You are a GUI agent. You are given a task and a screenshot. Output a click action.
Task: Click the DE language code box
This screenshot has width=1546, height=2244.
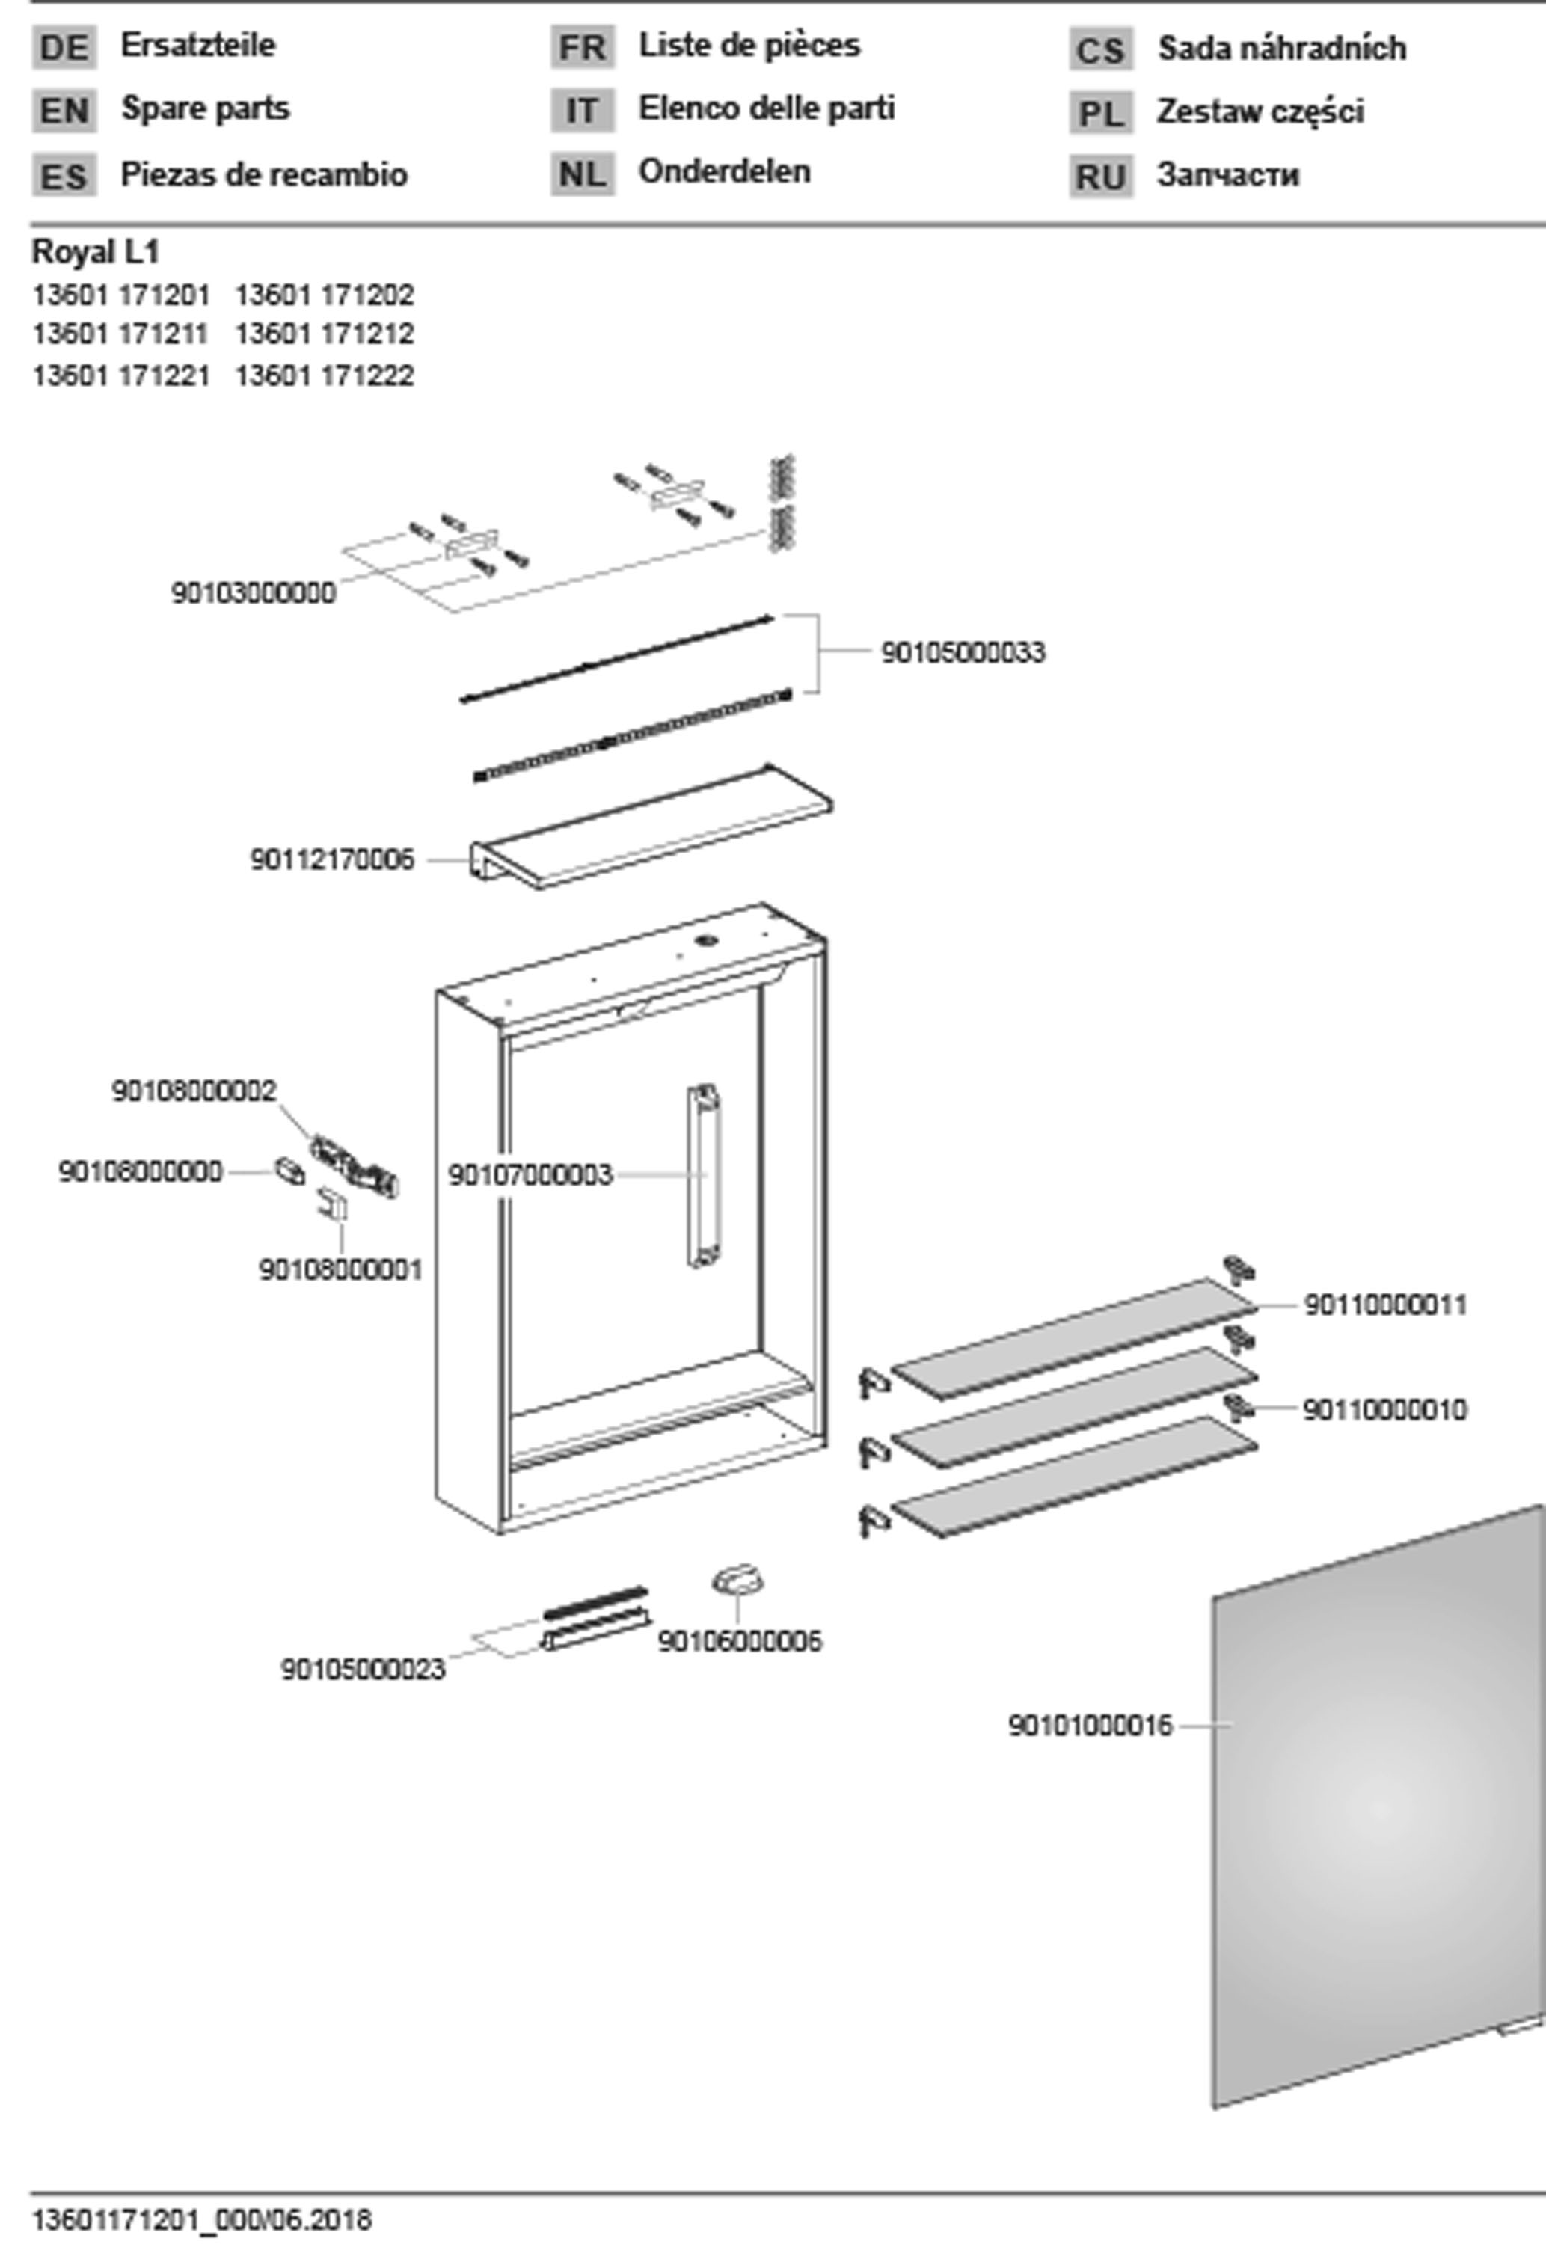(64, 47)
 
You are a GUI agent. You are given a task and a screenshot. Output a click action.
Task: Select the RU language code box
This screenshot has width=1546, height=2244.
(1100, 177)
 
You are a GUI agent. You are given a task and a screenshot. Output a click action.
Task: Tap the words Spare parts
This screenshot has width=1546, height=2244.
(204, 108)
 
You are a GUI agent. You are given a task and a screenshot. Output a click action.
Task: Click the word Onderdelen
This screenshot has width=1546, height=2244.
(723, 171)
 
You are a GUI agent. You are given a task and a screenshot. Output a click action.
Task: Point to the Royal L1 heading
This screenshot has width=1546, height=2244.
(95, 252)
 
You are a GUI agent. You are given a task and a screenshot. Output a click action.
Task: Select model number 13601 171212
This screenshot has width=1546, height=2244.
(325, 334)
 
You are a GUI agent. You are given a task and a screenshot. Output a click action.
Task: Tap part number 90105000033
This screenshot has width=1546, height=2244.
(963, 653)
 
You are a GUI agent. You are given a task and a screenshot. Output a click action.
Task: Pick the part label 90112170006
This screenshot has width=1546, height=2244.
(332, 860)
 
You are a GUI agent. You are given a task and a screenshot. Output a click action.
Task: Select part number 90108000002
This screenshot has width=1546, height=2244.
(194, 1091)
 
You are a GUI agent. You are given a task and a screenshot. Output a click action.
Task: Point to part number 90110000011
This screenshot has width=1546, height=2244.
(1385, 1305)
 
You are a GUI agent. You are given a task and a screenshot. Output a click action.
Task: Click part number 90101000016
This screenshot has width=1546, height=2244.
(1090, 1726)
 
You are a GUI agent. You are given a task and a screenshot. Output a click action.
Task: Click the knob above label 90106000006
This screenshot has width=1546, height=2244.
(738, 1584)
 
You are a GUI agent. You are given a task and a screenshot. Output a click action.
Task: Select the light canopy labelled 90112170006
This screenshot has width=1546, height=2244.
(649, 828)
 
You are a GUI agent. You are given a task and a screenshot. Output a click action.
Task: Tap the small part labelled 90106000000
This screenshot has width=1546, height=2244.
(289, 1170)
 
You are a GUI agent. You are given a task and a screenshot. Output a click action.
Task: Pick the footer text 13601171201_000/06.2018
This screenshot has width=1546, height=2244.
(201, 2220)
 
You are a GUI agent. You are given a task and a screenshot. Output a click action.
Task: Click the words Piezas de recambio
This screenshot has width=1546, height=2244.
(263, 175)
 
